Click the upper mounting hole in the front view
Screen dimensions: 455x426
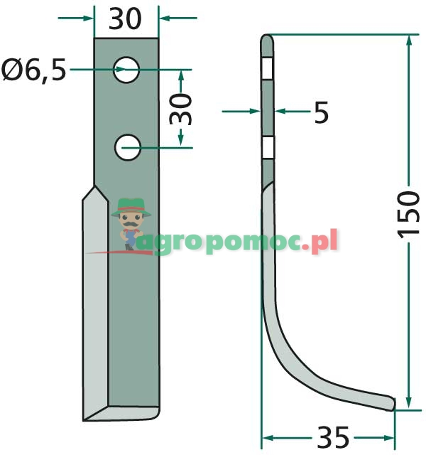[128, 70]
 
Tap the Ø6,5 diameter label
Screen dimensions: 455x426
[34, 70]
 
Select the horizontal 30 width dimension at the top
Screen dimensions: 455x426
[126, 19]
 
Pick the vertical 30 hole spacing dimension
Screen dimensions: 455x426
[183, 109]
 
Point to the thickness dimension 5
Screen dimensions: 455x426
[321, 112]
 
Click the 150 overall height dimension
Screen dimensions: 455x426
[410, 215]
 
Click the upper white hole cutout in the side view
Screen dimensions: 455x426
[268, 69]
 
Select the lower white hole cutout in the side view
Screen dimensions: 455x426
[268, 147]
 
